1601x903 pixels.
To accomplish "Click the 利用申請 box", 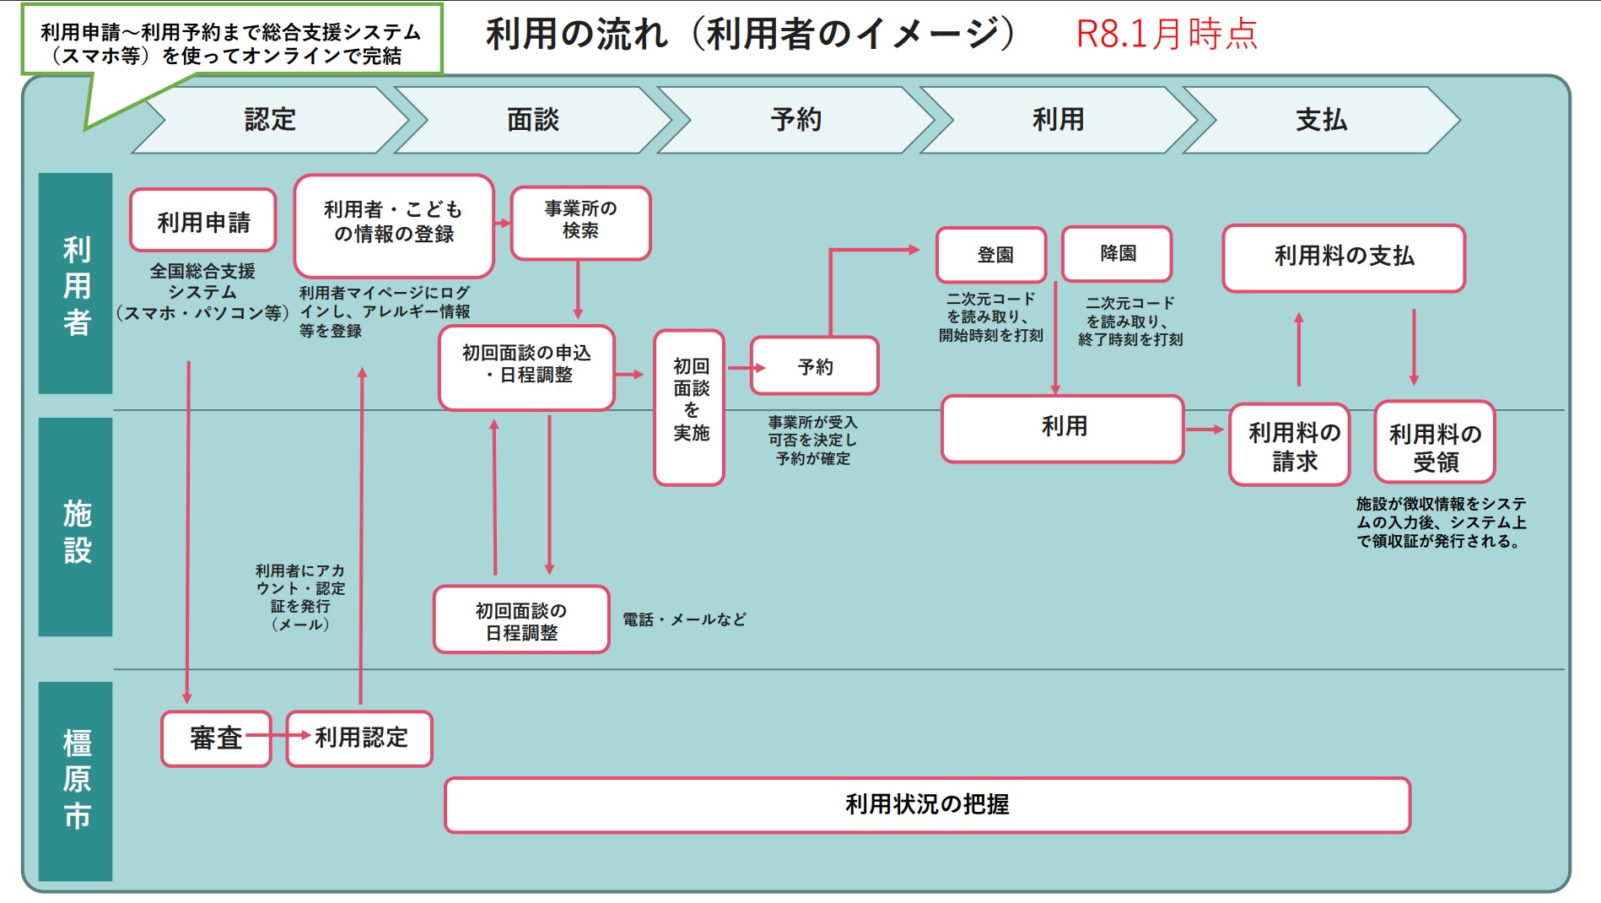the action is pyautogui.click(x=203, y=220).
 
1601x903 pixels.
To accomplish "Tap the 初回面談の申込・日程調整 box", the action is pyautogui.click(x=526, y=368).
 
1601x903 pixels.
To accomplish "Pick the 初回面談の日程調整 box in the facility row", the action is pyautogui.click(x=521, y=619).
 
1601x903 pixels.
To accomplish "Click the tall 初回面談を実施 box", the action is pyautogui.click(x=689, y=408).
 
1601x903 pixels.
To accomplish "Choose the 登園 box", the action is pyautogui.click(x=991, y=254).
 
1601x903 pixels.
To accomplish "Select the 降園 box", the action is pyautogui.click(x=1117, y=253).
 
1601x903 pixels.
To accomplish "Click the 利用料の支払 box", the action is pyautogui.click(x=1344, y=258).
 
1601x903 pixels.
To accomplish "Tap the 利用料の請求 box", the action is pyautogui.click(x=1290, y=445).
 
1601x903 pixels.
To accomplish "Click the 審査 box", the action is pyautogui.click(x=217, y=738).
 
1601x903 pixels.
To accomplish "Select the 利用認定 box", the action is pyautogui.click(x=359, y=738).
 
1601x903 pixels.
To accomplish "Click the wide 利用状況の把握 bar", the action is pyautogui.click(x=928, y=805).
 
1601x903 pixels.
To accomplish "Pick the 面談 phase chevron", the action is pyautogui.click(x=533, y=120).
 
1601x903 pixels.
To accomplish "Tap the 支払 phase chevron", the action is pyautogui.click(x=1321, y=120).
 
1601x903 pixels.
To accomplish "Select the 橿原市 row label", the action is pyautogui.click(x=76, y=781).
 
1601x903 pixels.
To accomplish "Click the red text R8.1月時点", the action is pyautogui.click(x=1167, y=34).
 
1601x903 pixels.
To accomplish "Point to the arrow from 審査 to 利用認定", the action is pyautogui.click(x=279, y=735).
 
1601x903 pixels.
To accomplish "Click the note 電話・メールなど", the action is pyautogui.click(x=684, y=619).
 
